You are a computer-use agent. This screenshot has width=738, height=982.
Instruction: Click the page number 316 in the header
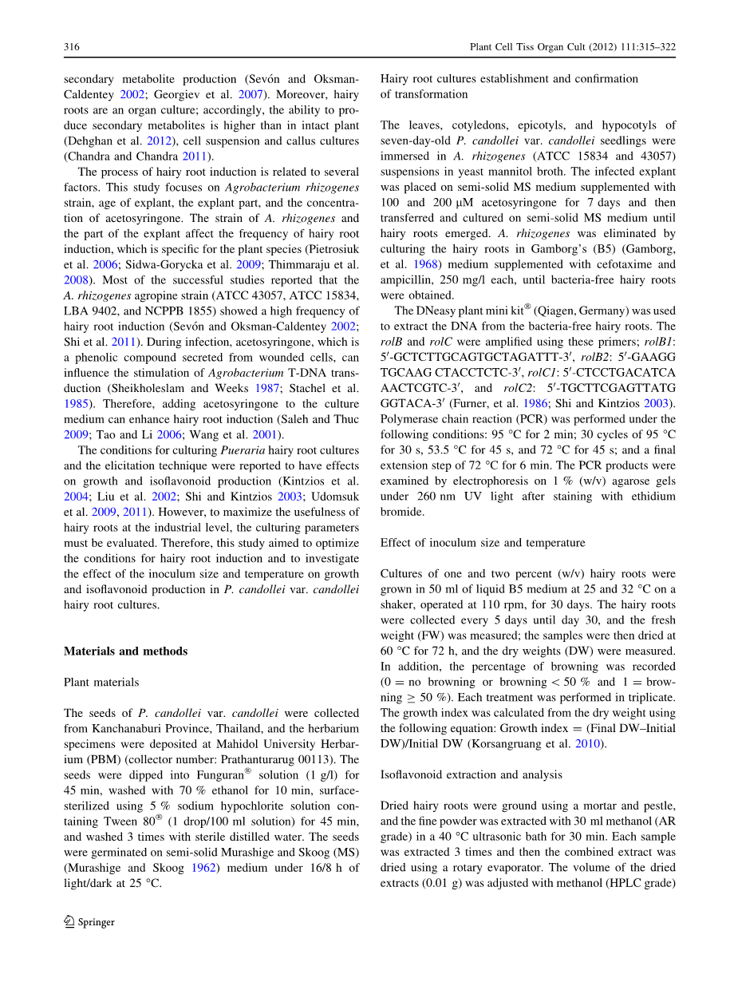[71, 48]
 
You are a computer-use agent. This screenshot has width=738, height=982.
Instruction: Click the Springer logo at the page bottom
[89, 922]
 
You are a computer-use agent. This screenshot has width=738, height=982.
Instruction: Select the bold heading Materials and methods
[125, 651]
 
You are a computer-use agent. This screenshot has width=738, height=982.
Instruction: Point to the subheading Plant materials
[101, 683]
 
